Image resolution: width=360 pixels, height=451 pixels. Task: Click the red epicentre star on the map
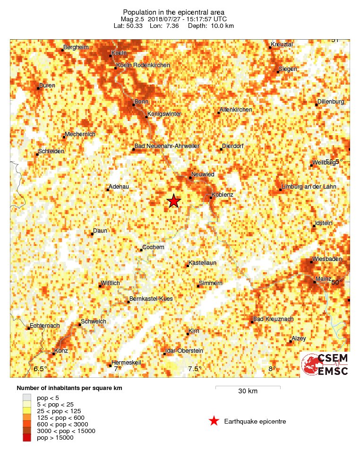click(174, 201)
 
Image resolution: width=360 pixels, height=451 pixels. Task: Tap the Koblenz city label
click(223, 194)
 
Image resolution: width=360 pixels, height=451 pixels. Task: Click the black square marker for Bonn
click(133, 104)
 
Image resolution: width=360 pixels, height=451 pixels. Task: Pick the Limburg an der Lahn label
click(309, 187)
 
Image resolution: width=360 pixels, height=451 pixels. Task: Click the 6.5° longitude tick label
click(40, 369)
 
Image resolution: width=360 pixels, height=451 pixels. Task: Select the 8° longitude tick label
click(272, 369)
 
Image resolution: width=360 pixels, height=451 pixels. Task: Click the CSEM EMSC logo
click(325, 364)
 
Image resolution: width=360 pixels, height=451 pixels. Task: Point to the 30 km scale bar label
click(248, 391)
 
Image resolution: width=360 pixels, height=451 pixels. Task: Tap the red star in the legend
click(214, 421)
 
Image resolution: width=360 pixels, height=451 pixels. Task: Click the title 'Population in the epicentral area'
click(174, 12)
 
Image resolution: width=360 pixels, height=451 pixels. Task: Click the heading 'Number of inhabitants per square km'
click(69, 388)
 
